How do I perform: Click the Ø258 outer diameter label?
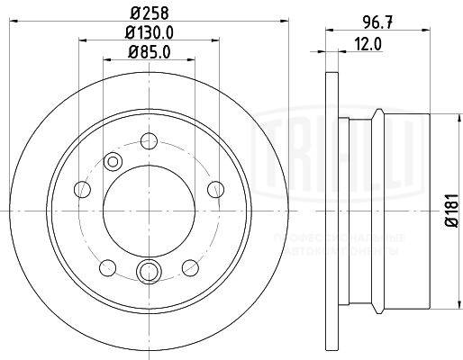148,13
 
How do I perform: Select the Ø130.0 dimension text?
148,35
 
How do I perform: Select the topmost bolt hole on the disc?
148,140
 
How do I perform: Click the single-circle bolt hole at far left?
82,188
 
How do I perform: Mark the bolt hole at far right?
214,188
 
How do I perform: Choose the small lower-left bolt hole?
107,265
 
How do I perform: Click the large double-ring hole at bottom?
148,270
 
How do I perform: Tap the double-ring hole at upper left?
113,161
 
